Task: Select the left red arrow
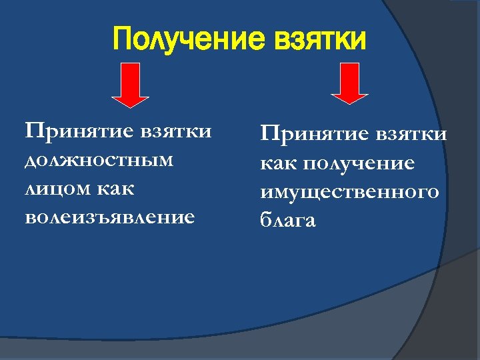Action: [131, 84]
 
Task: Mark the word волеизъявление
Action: [110, 217]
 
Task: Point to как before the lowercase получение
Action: [280, 164]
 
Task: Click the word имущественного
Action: [350, 192]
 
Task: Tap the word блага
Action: [288, 221]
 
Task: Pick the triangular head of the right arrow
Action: [350, 97]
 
